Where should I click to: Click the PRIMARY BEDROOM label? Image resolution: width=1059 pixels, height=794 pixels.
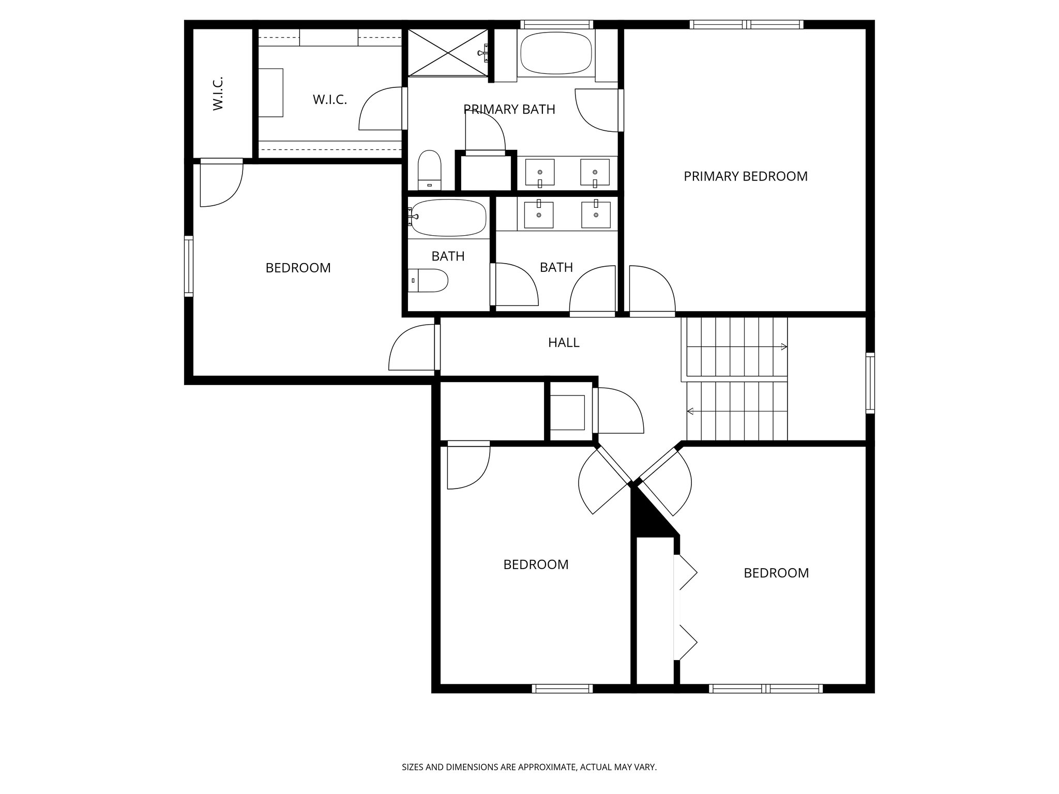click(745, 176)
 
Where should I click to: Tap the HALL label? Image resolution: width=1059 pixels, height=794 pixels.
click(564, 342)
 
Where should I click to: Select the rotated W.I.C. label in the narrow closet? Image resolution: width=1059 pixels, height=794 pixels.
click(218, 94)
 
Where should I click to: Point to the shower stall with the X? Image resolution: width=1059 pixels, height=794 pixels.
click(447, 53)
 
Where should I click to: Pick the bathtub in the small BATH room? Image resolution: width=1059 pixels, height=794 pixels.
click(448, 218)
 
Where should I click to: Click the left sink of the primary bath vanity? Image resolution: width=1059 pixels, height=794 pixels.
click(540, 172)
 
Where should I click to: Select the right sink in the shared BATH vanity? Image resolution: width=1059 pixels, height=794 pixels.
click(596, 215)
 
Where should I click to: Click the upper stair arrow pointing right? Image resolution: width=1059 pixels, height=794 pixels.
click(784, 346)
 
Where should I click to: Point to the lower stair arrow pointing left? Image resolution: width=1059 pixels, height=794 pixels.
click(690, 411)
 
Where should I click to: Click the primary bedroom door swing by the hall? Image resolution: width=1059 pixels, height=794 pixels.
click(652, 289)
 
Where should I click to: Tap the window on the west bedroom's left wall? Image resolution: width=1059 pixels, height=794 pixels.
click(189, 266)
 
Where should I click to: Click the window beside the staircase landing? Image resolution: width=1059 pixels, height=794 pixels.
click(870, 383)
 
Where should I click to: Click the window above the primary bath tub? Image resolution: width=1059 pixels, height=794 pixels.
click(556, 24)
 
